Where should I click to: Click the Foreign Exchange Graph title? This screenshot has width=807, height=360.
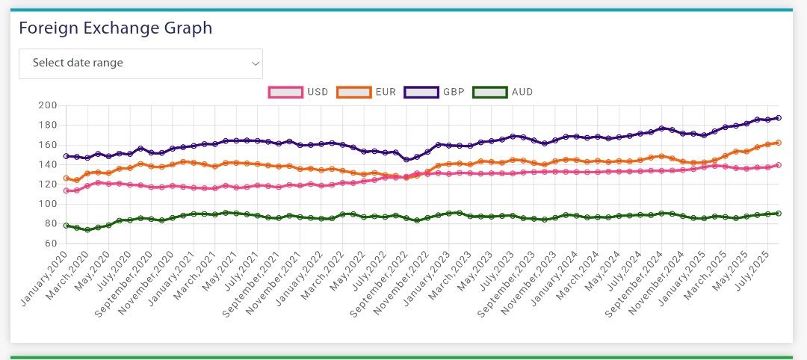coord(115,28)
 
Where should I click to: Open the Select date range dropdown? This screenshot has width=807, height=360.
coord(140,63)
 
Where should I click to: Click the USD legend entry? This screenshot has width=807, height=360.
coord(298,92)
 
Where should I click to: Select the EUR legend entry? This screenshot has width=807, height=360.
coord(366,92)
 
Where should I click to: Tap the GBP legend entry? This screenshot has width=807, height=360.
coord(434,92)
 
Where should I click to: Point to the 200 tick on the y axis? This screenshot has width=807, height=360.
coord(48,105)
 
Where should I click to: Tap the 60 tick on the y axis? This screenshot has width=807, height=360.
coord(51,243)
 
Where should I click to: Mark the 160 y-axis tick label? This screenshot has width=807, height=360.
coord(48,145)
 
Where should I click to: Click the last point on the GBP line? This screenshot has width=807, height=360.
coord(778,118)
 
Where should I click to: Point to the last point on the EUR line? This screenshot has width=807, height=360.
coord(778,143)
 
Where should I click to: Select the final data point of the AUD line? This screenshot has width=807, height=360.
coord(778,214)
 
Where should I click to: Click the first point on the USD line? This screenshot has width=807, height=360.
coord(67,190)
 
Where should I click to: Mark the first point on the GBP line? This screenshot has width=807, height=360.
coord(67,156)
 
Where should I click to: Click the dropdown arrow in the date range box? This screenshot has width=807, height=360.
coord(256,64)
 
